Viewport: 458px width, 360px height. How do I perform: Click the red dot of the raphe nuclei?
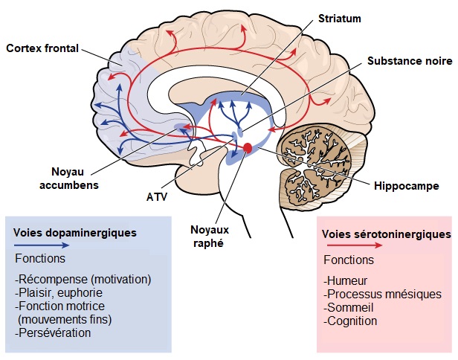point(248,149)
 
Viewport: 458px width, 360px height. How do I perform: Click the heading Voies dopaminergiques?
point(74,232)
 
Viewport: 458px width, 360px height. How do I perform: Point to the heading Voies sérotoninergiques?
point(386,234)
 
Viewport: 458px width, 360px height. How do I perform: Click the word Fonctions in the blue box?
point(40,259)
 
